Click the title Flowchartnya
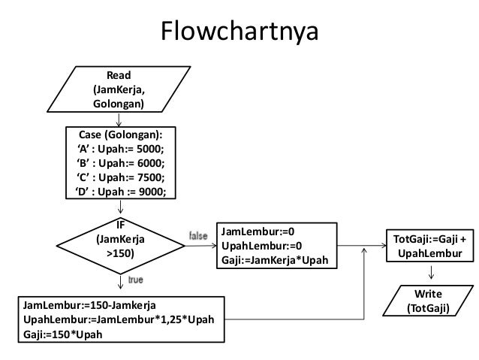click(239, 32)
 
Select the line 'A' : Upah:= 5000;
click(119, 149)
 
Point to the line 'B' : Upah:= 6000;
click(119, 162)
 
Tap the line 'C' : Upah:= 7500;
click(119, 177)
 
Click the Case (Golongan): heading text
click(119, 135)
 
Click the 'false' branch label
click(198, 236)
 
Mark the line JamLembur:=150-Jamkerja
click(84, 307)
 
